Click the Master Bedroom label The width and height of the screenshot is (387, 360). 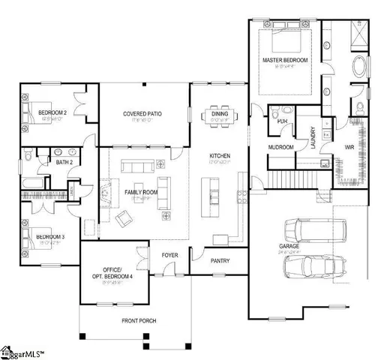coord(282,59)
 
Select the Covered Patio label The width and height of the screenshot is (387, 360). coord(142,114)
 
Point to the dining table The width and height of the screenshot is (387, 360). coord(220,114)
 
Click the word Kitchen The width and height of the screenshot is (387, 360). coord(219,156)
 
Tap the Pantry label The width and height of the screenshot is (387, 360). coord(220,261)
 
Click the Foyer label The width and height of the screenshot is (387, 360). coord(170,255)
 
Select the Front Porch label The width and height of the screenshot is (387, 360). coord(139,320)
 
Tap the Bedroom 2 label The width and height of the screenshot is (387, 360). coord(52,114)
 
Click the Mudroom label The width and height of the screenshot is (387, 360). coord(280,148)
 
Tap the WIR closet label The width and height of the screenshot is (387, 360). coord(349,147)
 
